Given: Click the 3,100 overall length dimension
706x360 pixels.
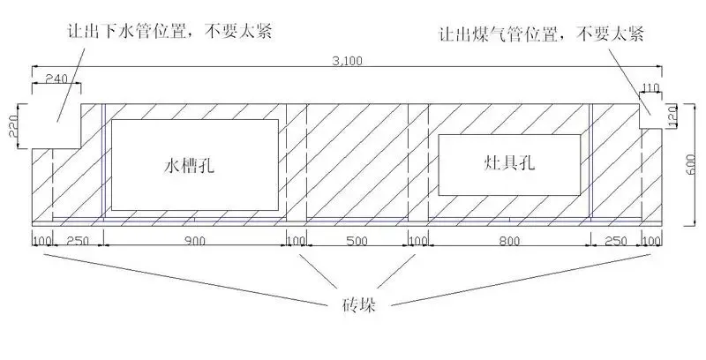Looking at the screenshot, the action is (347, 61).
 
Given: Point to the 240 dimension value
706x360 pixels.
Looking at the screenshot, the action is (57, 79).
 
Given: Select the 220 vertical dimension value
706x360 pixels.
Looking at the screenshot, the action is (13, 125).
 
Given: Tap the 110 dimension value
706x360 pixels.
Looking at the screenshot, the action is (650, 87).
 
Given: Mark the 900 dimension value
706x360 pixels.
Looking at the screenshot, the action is (194, 241).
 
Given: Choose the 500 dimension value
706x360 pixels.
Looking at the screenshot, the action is (357, 241).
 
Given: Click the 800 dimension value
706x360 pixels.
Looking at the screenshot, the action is (509, 241).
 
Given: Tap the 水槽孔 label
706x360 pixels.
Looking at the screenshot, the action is (189, 166).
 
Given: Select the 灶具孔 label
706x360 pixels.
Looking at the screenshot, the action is (509, 162).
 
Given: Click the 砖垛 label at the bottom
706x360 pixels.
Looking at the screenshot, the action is (359, 304).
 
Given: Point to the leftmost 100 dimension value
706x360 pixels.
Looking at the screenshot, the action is (42, 241).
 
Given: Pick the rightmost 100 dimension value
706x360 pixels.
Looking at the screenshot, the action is (651, 241).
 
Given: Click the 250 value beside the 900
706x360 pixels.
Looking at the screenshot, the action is (78, 241).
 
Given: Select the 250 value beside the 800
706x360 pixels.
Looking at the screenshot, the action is (615, 241).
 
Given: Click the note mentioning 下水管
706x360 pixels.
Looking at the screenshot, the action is (169, 32).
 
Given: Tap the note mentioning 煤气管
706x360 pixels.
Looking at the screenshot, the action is (542, 34).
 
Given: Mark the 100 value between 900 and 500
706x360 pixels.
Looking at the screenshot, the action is (297, 241).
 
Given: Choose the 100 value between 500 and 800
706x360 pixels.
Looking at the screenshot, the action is (418, 241).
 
